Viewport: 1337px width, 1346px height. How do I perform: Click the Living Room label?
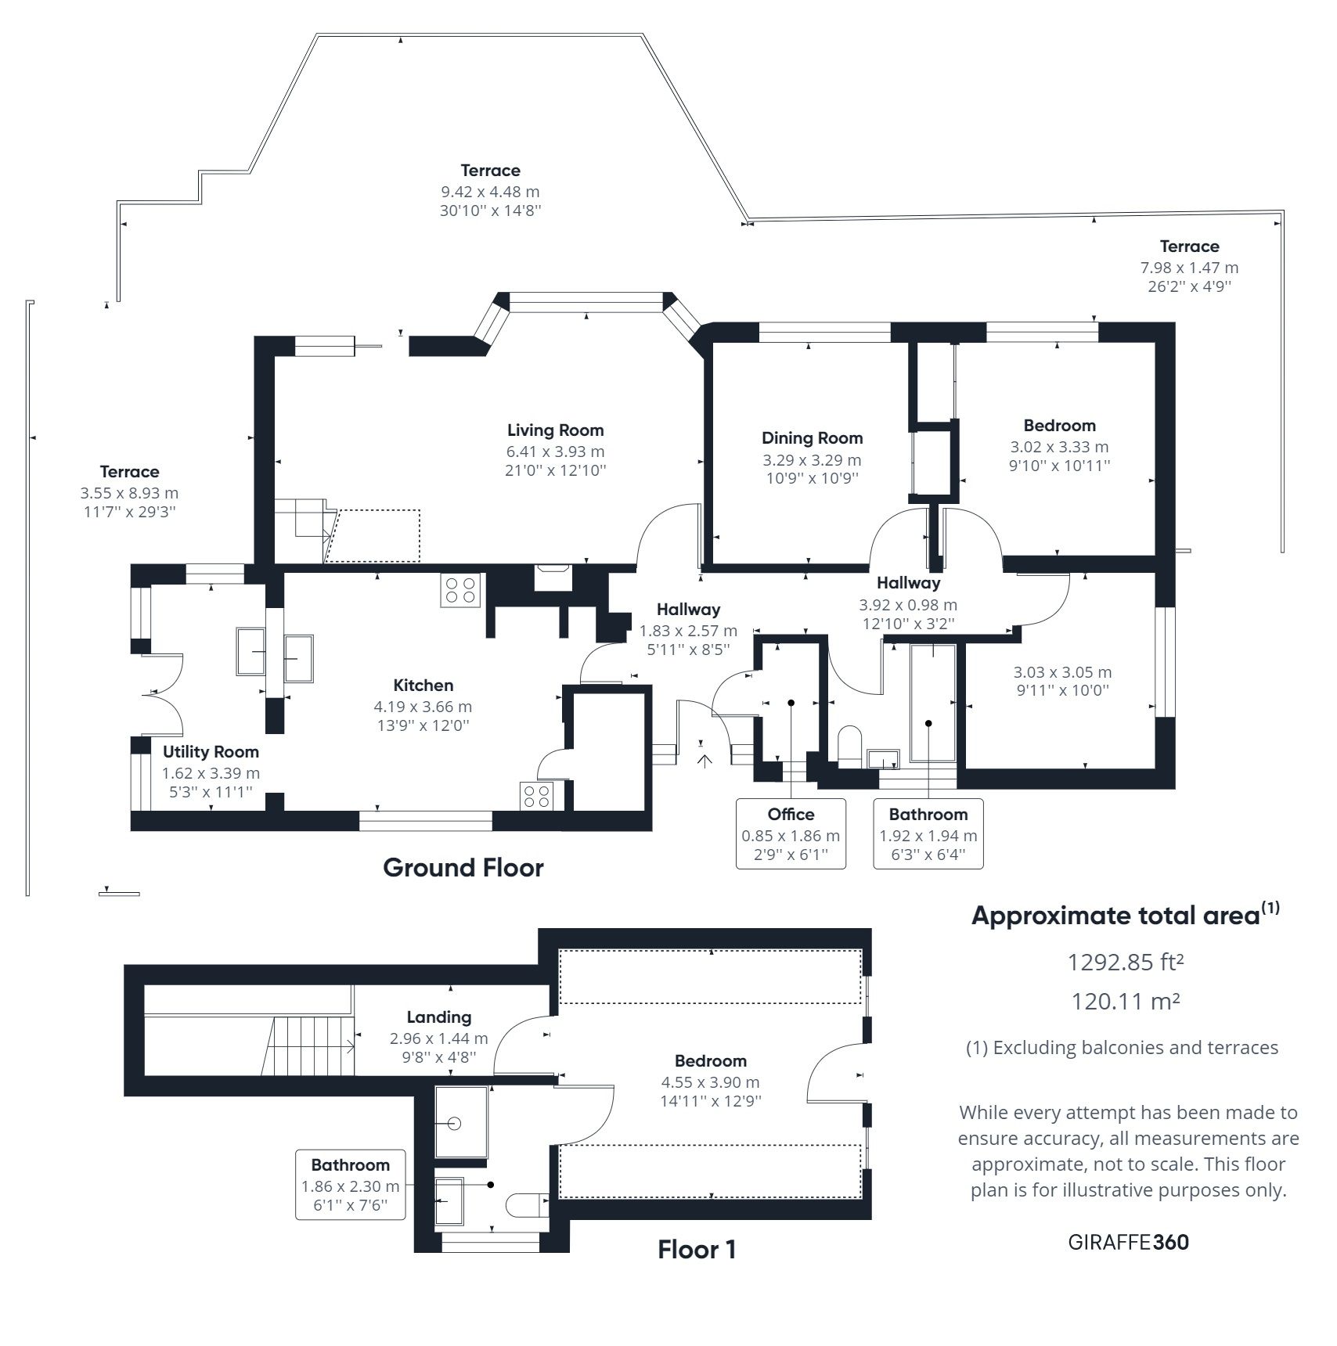click(555, 430)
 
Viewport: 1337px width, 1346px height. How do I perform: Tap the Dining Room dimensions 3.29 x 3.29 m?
click(812, 460)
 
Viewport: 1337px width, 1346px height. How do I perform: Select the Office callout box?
click(791, 833)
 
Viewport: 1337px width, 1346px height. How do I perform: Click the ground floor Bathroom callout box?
click(928, 833)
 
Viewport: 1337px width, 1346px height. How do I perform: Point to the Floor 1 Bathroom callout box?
click(350, 1184)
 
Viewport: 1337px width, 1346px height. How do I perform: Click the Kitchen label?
click(423, 686)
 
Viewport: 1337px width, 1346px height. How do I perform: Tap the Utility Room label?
click(211, 752)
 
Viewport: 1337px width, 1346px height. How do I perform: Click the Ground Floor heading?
click(463, 868)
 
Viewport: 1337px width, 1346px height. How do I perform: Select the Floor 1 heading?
click(697, 1250)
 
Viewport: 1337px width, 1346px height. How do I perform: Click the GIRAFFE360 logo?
click(1128, 1242)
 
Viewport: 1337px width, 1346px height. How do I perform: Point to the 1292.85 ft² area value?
click(1125, 962)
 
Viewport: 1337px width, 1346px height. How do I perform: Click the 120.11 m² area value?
click(1125, 1001)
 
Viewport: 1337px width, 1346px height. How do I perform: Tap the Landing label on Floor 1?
click(438, 1017)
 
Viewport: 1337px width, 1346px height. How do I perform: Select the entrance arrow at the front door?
click(705, 761)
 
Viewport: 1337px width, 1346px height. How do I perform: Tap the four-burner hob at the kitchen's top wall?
click(459, 589)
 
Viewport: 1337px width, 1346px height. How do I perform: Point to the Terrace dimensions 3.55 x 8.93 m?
click(129, 494)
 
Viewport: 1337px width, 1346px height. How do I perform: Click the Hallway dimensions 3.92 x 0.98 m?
click(907, 605)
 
